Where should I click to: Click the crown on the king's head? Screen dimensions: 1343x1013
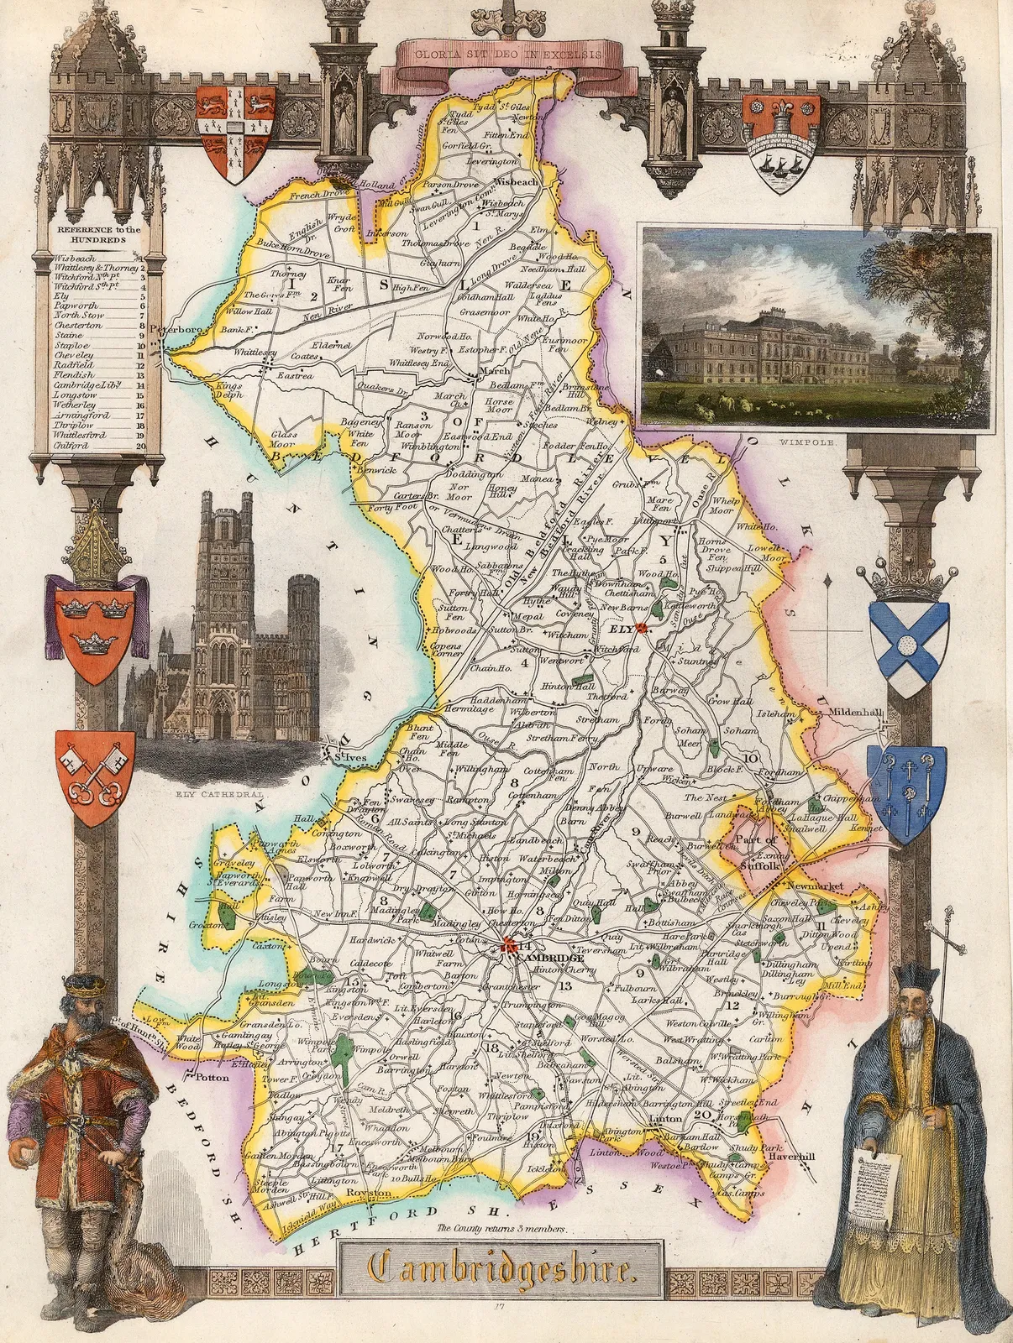81,985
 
